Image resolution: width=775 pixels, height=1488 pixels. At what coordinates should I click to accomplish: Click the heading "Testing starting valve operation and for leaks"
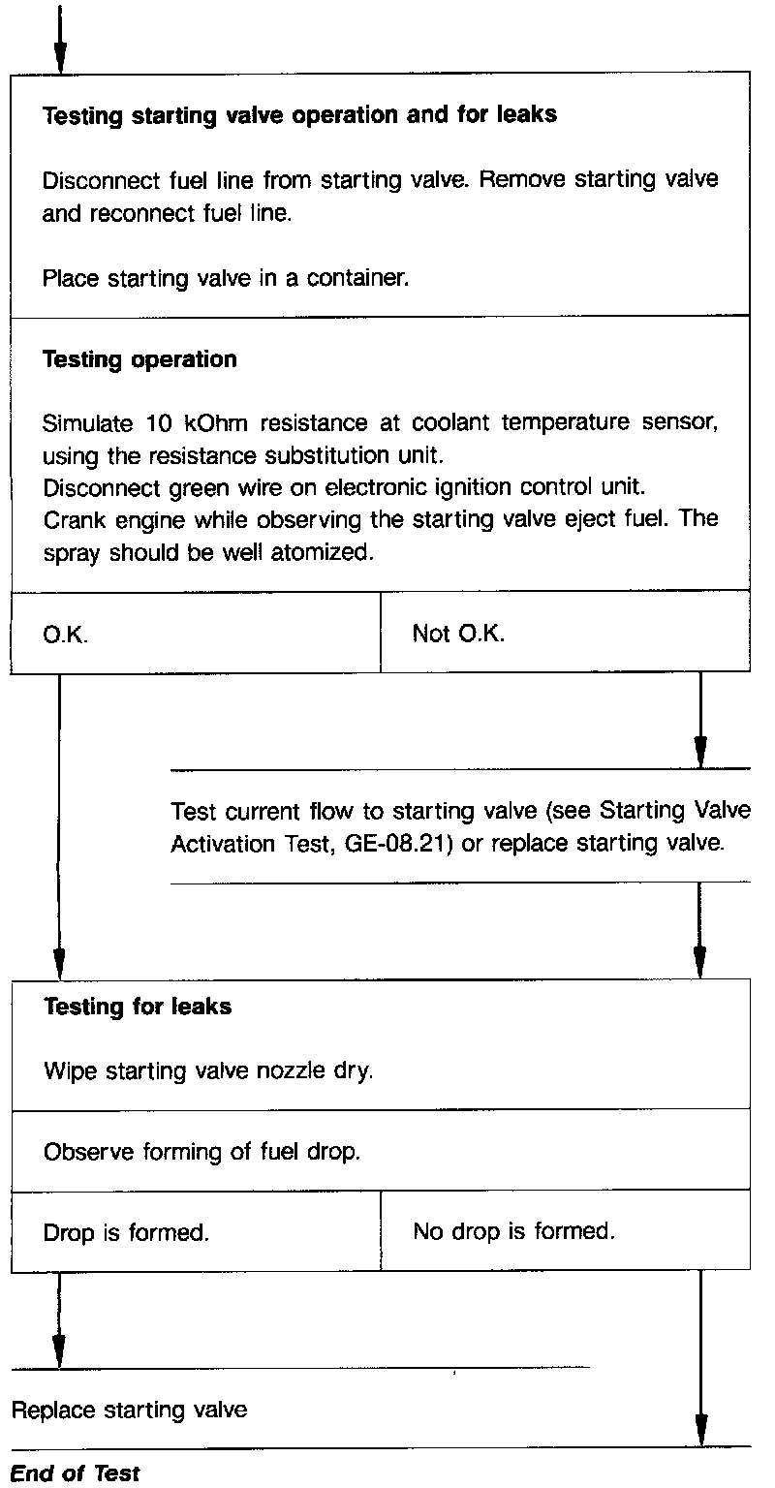tap(300, 114)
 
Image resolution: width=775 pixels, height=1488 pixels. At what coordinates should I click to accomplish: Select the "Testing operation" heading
tap(140, 359)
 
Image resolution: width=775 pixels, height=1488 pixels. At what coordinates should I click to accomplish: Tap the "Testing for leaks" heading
tap(138, 1007)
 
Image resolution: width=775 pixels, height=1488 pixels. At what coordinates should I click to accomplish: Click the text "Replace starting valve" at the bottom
tap(129, 1410)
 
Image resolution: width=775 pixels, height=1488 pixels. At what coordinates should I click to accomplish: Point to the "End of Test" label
tap(76, 1473)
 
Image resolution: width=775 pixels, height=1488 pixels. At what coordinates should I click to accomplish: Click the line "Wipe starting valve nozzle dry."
tap(208, 1072)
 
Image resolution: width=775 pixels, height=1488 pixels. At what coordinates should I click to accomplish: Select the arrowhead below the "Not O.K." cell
tap(699, 752)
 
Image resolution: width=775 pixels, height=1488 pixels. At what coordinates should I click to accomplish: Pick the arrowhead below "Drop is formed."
tap(59, 1348)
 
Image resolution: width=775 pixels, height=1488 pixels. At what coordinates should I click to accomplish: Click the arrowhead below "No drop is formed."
tap(699, 1430)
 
